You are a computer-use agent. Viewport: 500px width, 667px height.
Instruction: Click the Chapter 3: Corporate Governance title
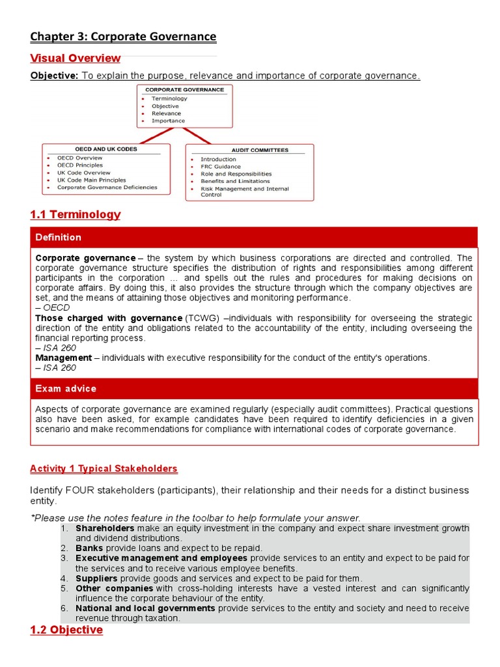coord(124,36)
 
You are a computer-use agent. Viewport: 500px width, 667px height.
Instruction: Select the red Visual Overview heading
coord(76,58)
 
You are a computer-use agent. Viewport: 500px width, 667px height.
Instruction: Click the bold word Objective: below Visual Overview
coord(54,76)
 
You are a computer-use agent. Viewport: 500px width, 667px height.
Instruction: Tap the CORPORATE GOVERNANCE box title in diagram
coord(184,90)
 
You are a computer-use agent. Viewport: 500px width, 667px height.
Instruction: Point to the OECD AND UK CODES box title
coord(106,149)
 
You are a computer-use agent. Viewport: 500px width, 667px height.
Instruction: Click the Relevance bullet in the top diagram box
coord(166,113)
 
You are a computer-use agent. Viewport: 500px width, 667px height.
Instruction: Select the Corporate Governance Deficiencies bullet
coord(107,188)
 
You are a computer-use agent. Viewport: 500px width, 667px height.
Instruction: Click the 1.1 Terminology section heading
coord(76,214)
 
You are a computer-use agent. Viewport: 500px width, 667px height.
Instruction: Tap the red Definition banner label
coord(59,237)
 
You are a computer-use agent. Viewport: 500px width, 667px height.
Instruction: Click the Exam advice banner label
coord(66,389)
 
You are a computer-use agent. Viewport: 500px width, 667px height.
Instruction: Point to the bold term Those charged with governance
coord(109,318)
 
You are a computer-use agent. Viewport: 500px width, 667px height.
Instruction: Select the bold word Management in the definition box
coord(64,358)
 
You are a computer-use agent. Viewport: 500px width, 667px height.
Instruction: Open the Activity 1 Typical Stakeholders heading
coord(104,469)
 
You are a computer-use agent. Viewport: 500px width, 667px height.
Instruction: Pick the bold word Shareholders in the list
coord(105,528)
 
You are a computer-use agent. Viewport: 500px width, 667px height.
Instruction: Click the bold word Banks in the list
coord(89,548)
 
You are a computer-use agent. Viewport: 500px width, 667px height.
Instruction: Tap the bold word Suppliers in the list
coord(96,578)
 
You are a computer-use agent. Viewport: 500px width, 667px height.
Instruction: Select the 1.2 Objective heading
coord(66,630)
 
